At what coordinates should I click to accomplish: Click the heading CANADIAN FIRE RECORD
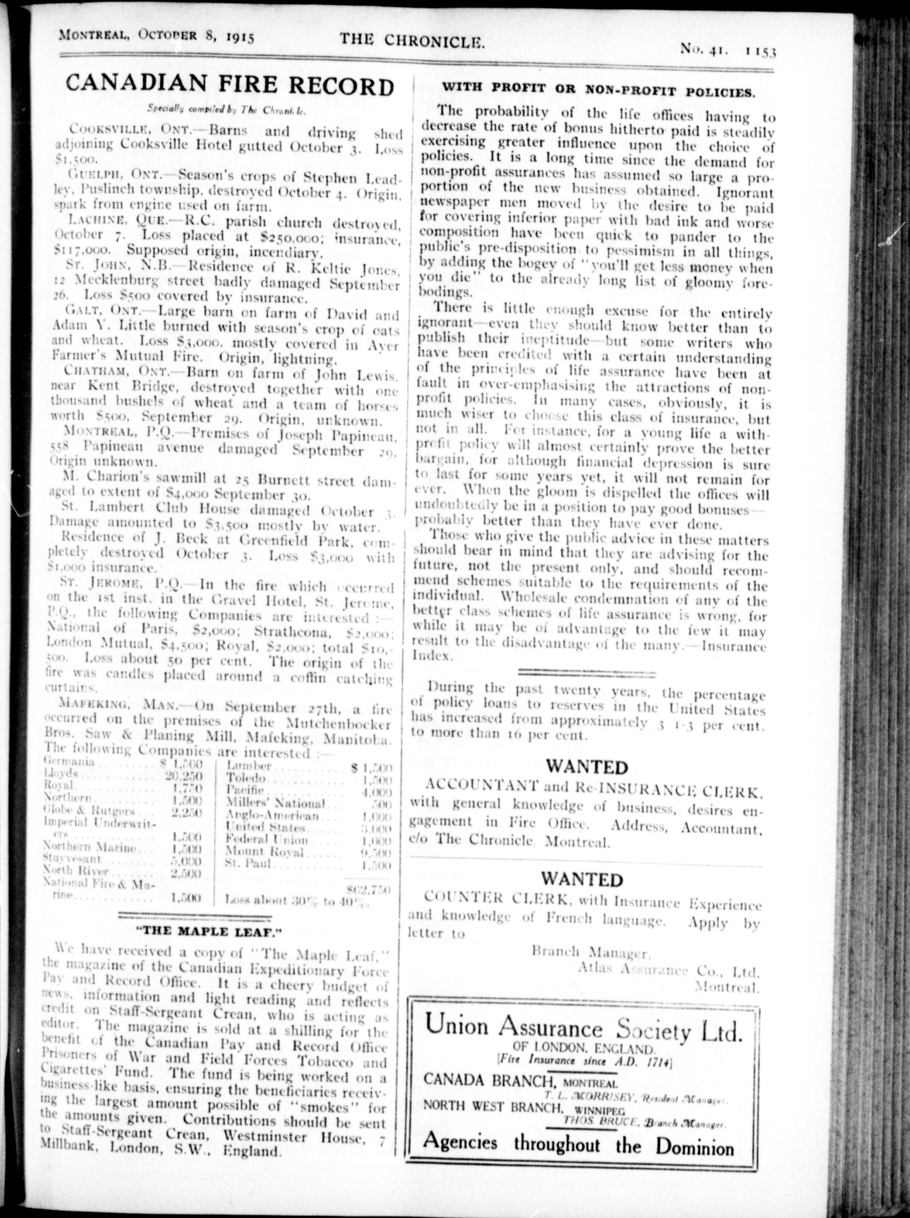tap(230, 86)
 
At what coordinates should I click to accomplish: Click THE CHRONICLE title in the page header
tap(412, 41)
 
